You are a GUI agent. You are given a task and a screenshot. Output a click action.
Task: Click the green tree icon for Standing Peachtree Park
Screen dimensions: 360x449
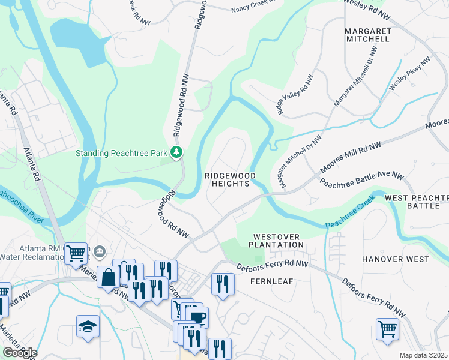(x=176, y=153)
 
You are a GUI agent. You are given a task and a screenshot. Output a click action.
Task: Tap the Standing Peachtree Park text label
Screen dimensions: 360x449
(x=121, y=153)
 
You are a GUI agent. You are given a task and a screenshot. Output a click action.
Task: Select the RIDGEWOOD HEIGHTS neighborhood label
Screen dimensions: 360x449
(x=230, y=179)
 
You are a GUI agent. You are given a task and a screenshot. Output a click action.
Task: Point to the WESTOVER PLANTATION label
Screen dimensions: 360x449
(x=278, y=241)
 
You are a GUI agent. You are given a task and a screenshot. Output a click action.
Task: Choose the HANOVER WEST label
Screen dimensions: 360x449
(x=396, y=259)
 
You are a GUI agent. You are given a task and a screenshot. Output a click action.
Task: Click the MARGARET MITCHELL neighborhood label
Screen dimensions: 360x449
(x=367, y=35)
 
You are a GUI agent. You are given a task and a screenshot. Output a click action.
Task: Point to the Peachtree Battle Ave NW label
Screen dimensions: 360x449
(x=361, y=180)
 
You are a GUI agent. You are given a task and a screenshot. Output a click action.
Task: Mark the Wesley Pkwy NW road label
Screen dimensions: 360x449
(x=410, y=74)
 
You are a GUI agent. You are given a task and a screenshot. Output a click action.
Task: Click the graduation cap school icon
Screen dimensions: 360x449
(x=88, y=327)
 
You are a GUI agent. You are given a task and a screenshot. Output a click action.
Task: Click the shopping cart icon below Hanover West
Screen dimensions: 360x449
(x=387, y=329)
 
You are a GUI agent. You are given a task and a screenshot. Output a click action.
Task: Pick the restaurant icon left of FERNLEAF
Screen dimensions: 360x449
(x=223, y=283)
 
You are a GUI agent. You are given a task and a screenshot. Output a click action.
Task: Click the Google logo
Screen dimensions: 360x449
(x=19, y=353)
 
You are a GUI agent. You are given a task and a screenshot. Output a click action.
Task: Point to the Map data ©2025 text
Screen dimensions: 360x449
(x=423, y=355)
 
